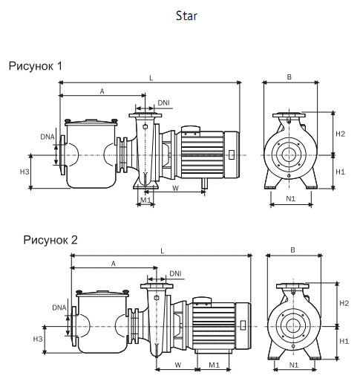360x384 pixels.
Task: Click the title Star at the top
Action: point(187,15)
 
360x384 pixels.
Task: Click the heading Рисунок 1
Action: point(35,66)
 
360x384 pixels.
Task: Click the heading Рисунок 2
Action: point(50,240)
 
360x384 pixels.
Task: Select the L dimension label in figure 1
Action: point(151,77)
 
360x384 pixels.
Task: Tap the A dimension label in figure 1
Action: point(102,90)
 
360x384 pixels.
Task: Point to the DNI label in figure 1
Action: point(164,102)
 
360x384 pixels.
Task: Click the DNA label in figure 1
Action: point(47,137)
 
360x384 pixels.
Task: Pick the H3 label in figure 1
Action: point(24,172)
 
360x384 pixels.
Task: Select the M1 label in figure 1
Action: point(145,199)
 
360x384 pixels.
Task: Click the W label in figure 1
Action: point(175,188)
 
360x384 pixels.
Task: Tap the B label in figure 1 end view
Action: point(289,77)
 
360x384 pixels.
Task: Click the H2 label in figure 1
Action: point(340,134)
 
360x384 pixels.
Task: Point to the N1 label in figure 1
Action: point(290,198)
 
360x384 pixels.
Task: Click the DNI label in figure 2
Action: point(175,273)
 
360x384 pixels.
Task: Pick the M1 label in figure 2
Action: point(214,365)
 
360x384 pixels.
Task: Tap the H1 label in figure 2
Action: point(344,340)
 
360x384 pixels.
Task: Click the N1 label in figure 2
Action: point(293,365)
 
